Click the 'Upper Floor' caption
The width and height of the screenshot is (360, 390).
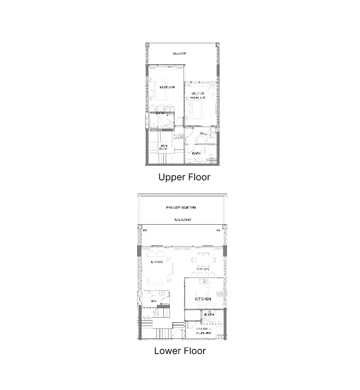tap(184, 177)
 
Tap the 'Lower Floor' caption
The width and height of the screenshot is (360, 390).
tap(180, 351)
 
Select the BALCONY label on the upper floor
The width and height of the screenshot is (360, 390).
tap(179, 54)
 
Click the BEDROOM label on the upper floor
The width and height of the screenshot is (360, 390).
tap(167, 87)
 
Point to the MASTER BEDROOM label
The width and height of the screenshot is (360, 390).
tap(198, 96)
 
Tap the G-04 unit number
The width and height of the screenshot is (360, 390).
tap(178, 137)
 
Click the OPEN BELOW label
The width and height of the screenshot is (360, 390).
tap(163, 147)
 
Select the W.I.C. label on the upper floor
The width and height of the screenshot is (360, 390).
tap(203, 134)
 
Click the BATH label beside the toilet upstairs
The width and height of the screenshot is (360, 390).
tap(197, 153)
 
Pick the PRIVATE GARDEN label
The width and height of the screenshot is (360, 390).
tap(181, 207)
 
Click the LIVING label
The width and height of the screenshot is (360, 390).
tap(156, 262)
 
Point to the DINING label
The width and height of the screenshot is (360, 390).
tap(202, 269)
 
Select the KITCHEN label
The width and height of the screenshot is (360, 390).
tap(203, 299)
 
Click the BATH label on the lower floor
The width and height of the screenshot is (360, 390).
tap(208, 315)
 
